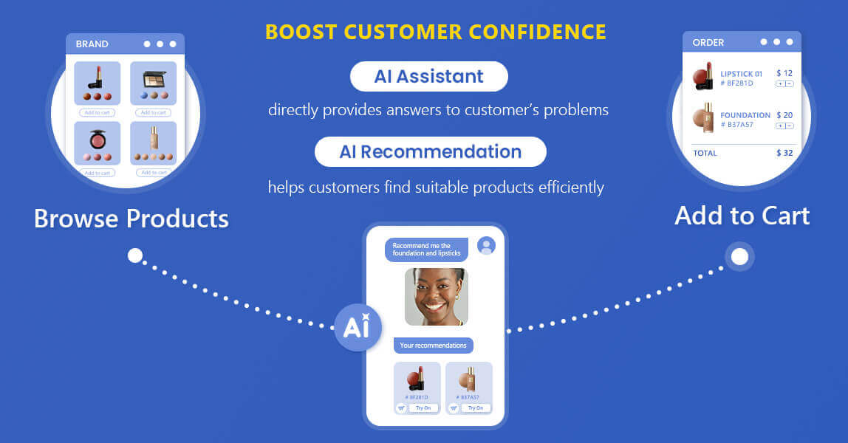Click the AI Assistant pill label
tap(428, 76)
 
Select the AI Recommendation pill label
tap(430, 151)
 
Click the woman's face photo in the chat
tap(436, 296)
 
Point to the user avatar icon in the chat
tap(486, 246)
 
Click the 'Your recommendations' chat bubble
tap(433, 345)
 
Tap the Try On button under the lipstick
tap(423, 408)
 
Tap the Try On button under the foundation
tap(475, 408)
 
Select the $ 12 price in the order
tap(784, 73)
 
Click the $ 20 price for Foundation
tap(784, 115)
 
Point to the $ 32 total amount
tap(784, 153)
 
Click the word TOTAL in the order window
tap(705, 153)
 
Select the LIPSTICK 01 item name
tap(741, 74)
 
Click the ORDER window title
tap(708, 42)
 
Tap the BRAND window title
tap(92, 44)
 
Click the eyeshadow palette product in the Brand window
tap(154, 78)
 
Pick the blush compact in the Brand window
tap(98, 138)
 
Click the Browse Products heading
tap(131, 219)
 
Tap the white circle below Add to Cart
tap(739, 257)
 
